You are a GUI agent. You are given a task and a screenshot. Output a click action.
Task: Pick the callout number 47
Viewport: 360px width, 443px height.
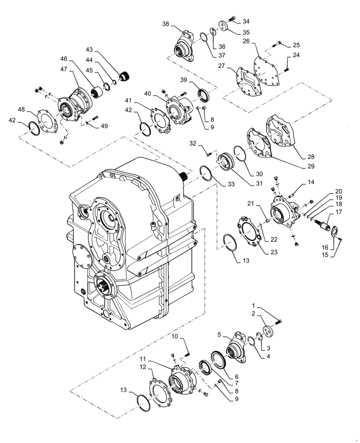click(64, 69)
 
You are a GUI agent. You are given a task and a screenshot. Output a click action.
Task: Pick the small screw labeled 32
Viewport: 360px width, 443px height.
click(208, 154)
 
